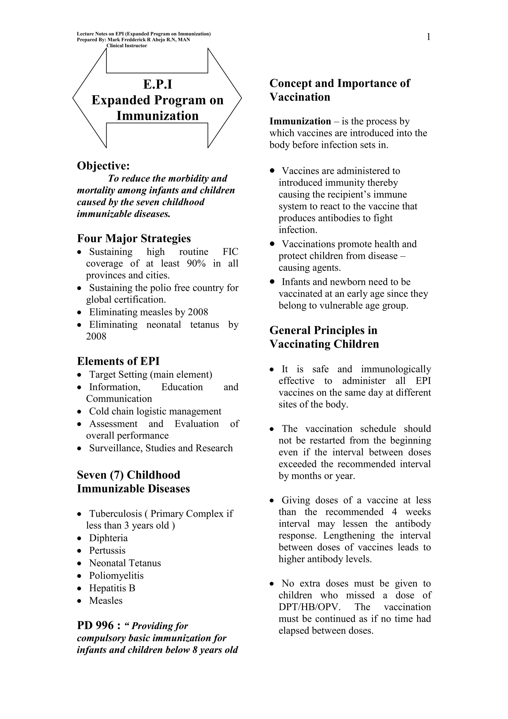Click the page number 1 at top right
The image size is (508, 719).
428,37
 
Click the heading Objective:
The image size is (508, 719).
103,166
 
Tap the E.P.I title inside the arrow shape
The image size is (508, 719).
158,84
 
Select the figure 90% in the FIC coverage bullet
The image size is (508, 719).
196,263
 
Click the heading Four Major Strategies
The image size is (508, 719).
134,238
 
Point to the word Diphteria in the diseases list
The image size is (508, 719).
108,538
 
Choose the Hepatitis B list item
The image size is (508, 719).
112,588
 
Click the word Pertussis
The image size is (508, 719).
107,551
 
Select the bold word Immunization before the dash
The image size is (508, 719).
300,121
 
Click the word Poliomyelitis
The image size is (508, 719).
116,576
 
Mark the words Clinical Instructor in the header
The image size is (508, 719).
127,46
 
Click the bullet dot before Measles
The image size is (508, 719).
80,601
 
